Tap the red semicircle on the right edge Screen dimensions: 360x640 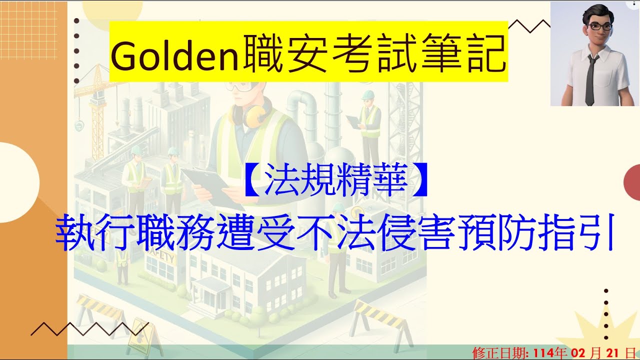tap(633, 180)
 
